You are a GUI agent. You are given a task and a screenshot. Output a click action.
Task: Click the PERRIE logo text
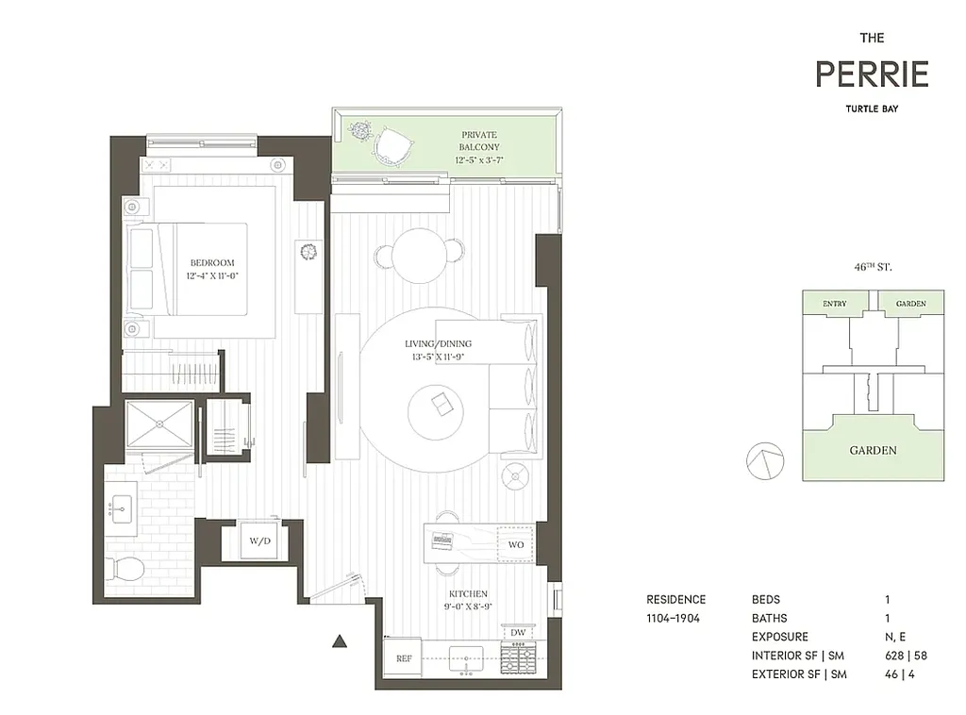872,74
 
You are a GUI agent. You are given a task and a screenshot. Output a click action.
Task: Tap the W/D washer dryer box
258,541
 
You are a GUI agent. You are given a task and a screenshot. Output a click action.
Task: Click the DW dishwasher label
518,632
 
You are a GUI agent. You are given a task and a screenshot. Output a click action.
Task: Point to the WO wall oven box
516,545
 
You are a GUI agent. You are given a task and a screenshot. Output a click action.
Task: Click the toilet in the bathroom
124,569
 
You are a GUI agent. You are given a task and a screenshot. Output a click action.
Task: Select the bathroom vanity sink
120,510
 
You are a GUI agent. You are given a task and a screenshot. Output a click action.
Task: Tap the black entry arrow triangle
341,642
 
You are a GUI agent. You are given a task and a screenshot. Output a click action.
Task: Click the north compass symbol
765,461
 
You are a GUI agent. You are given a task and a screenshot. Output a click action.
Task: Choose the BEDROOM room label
211,263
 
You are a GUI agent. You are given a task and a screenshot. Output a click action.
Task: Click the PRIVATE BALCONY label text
478,141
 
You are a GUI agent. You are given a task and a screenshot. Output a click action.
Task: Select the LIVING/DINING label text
438,344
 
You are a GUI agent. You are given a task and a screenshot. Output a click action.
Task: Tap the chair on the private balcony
394,145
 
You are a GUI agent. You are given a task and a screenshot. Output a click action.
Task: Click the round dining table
420,253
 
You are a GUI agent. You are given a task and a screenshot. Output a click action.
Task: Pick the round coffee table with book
439,406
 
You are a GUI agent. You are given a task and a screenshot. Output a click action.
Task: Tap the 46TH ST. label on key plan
873,268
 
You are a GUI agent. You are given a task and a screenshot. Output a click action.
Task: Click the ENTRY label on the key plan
834,304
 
